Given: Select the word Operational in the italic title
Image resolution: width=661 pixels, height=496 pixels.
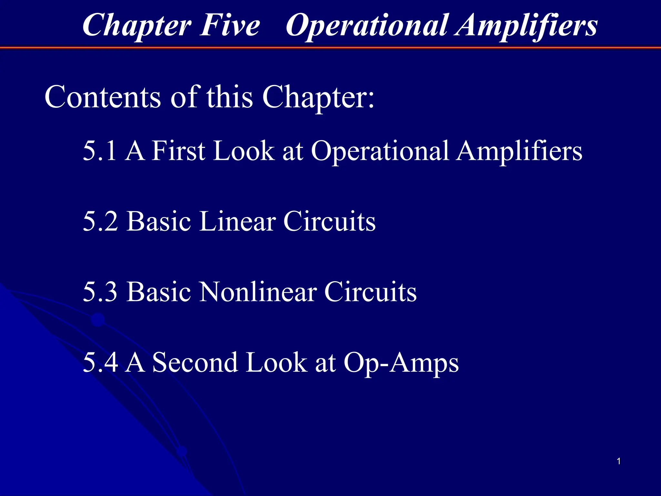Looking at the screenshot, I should coord(366,26).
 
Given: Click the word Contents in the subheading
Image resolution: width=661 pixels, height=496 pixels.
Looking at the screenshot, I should coord(102,97).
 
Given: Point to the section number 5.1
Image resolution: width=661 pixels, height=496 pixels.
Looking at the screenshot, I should coord(99,150).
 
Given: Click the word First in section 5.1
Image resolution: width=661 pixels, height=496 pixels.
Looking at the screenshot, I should coord(178,150).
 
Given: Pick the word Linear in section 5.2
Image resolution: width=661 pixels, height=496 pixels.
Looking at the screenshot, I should coord(237,221).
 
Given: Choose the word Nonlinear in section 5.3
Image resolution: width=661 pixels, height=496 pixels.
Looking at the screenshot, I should coord(258,292).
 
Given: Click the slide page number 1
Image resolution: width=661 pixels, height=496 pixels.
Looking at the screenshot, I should coord(619,461).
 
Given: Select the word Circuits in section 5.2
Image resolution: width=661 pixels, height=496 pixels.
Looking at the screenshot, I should coord(330,221).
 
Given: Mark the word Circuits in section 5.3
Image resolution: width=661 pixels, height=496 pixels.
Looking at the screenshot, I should coord(371,292).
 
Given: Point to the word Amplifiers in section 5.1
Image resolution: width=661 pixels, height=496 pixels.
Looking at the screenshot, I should coord(519,151).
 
